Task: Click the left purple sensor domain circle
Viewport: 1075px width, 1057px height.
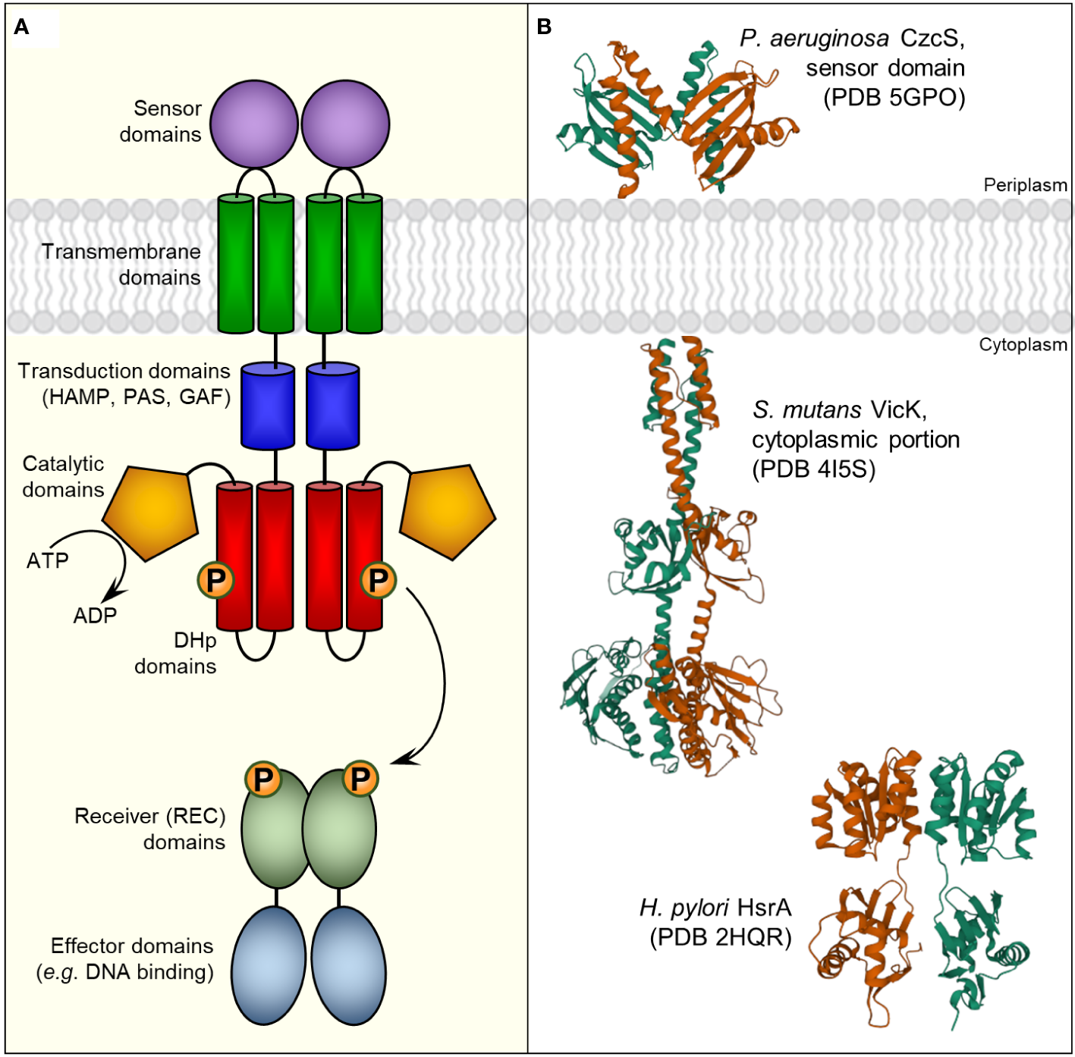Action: [x=254, y=124]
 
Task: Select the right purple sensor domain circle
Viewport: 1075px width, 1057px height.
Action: [x=345, y=124]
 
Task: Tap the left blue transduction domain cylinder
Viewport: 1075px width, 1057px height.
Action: [x=268, y=406]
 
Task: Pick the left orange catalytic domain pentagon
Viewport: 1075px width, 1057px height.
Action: [x=151, y=511]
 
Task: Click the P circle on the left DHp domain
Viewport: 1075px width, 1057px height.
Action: [x=215, y=580]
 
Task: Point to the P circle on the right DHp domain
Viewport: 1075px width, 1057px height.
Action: [x=378, y=580]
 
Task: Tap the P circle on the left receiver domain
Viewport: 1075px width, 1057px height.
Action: [x=263, y=779]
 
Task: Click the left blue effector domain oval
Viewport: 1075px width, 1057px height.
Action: [x=269, y=965]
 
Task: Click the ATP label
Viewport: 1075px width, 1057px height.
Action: [x=48, y=561]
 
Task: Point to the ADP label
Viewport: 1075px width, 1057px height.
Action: [x=95, y=616]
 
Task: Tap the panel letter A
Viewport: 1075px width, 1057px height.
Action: [x=22, y=27]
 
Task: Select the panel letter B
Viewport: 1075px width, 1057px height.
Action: [x=544, y=27]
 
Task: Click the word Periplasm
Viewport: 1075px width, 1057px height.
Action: [x=1025, y=185]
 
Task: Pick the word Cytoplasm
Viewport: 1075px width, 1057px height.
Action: [x=1023, y=345]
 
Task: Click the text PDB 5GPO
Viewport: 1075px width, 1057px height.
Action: [x=894, y=98]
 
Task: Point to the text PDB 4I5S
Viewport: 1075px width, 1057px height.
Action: [x=814, y=469]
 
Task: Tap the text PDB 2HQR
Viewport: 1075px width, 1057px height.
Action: [x=721, y=938]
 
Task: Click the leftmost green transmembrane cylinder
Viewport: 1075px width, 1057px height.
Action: [x=236, y=264]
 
